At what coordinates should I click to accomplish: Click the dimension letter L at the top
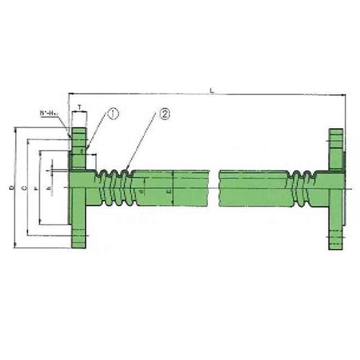(x=210, y=89)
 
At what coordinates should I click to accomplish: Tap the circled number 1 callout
(x=114, y=113)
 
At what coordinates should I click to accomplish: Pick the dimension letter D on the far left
(x=11, y=188)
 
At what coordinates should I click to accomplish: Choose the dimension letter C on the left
(x=23, y=188)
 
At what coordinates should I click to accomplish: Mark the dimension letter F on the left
(x=35, y=188)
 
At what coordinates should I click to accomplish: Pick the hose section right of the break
(x=252, y=188)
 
